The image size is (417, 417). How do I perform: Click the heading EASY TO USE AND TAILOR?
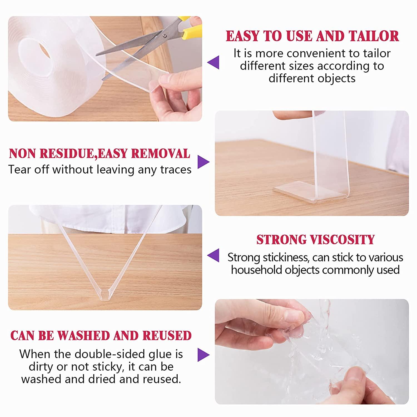[x=312, y=36]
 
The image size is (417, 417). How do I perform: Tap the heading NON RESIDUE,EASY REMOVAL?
[x=100, y=153]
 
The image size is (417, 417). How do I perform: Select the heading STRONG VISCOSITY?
[x=316, y=240]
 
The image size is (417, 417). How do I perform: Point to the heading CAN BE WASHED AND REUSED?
[x=101, y=336]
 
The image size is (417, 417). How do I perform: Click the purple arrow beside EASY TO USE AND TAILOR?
[x=213, y=62]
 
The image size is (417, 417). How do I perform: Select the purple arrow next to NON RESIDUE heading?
[x=203, y=162]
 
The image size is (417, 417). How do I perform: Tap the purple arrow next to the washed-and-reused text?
[x=203, y=355]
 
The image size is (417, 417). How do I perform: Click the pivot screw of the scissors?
[x=165, y=36]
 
